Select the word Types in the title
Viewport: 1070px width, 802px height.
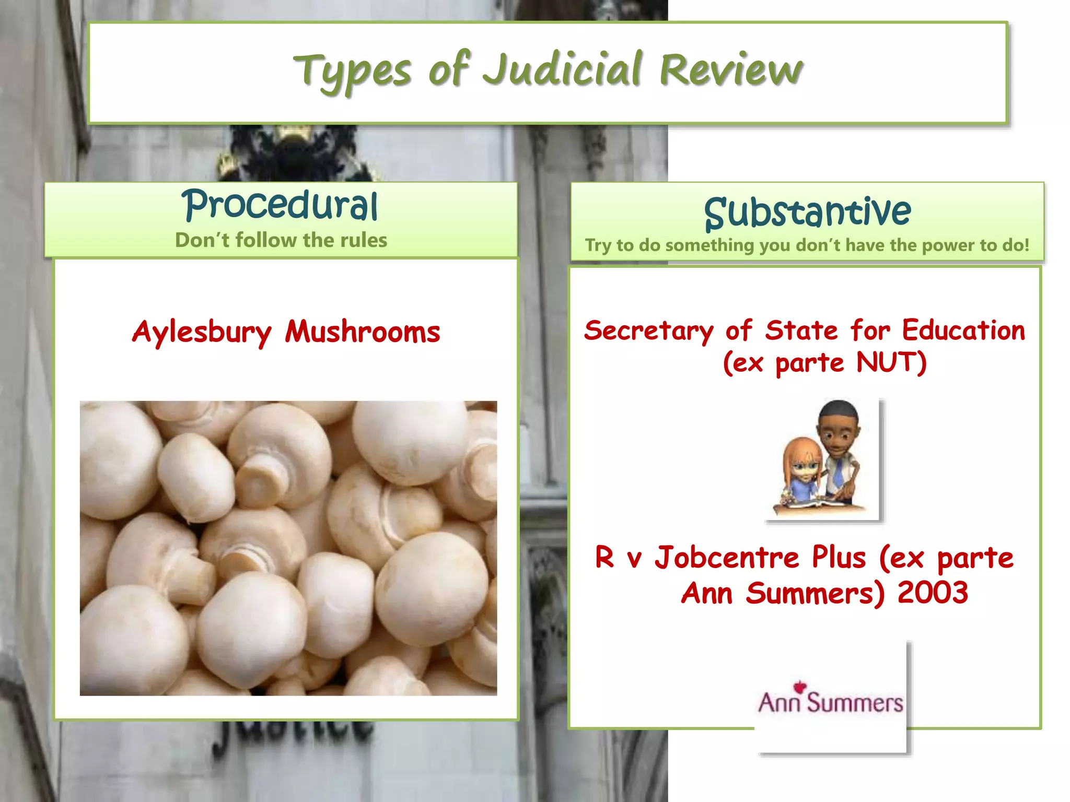tap(352, 72)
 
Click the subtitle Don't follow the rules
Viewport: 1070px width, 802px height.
tap(281, 240)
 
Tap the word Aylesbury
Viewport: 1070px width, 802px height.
tap(202, 332)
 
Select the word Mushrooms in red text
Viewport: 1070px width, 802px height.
tap(363, 332)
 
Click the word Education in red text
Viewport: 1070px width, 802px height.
tap(963, 331)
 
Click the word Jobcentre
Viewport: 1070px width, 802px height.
tap(727, 557)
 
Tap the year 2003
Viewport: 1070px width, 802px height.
tap(933, 593)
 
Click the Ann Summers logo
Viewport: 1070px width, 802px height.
tap(831, 702)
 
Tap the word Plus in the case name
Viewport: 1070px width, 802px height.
tap(839, 557)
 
